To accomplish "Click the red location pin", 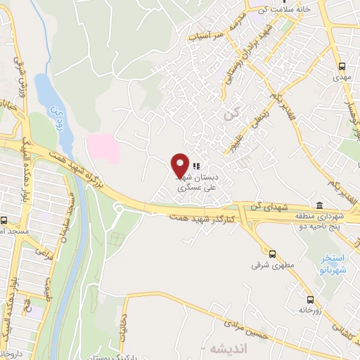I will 180,165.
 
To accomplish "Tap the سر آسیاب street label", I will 210,34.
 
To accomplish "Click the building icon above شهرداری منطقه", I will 321,205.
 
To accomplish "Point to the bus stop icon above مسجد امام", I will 4,219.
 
